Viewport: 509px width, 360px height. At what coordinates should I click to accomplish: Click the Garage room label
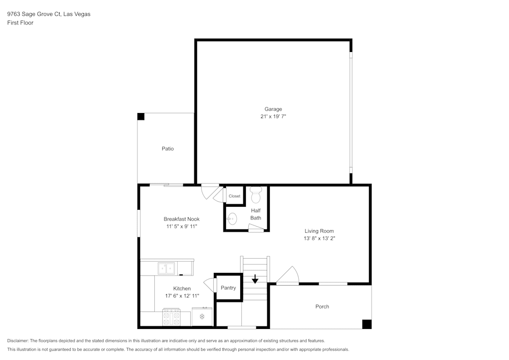coord(273,109)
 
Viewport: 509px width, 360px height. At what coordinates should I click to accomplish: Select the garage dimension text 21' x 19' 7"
coord(273,117)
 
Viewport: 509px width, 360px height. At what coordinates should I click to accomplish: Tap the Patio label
coord(167,149)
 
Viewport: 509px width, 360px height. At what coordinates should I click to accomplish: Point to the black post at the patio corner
coord(141,117)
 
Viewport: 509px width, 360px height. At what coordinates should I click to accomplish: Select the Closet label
coord(234,196)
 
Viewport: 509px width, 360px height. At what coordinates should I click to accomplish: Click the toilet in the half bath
coord(256,194)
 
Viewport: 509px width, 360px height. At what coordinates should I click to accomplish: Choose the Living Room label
coord(319,231)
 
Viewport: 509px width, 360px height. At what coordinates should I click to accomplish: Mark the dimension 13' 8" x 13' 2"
coord(319,238)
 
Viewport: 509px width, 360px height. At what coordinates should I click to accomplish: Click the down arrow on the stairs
coord(255,279)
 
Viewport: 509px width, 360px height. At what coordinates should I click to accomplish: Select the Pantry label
coord(228,288)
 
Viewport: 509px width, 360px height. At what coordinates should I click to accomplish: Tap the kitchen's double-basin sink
coord(166,268)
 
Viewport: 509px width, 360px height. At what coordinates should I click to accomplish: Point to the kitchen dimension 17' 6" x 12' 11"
coord(182,296)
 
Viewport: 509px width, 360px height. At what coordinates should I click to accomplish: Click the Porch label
coord(322,307)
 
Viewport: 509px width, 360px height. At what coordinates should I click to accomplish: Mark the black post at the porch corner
coord(366,324)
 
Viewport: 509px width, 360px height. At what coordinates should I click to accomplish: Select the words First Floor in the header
coord(20,23)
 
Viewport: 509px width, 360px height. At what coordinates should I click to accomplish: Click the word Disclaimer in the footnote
coord(18,341)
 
